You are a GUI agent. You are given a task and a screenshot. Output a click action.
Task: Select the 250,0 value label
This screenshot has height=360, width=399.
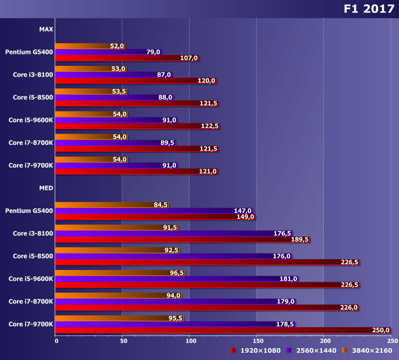tap(381, 330)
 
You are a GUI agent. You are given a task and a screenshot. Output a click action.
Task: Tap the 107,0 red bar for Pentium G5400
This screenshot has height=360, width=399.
tap(126, 58)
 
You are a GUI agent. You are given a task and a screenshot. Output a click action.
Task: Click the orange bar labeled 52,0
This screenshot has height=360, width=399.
tap(82, 46)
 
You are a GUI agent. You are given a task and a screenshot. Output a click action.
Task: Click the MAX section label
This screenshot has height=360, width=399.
tap(46, 29)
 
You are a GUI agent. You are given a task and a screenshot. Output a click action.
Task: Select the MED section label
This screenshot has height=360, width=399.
tap(46, 188)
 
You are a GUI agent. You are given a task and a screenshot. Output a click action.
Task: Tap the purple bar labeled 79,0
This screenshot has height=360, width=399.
tap(100, 52)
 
